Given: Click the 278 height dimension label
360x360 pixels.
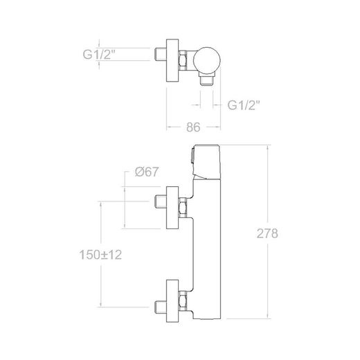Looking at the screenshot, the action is (x=267, y=233).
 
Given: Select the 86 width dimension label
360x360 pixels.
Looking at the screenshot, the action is (x=193, y=127).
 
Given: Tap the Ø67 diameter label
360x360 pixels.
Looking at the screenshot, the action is (x=147, y=172).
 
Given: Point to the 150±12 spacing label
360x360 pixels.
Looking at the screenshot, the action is (x=100, y=255).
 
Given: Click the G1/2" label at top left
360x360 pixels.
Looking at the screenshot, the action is (x=99, y=55).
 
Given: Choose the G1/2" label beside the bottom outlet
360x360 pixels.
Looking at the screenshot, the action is (x=244, y=105).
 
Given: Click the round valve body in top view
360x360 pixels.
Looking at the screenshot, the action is (x=207, y=60).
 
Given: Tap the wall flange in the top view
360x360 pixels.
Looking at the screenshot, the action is (x=172, y=60).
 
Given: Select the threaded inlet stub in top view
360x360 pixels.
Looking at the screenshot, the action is (x=160, y=55).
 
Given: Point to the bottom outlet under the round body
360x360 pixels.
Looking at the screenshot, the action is (x=206, y=80).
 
